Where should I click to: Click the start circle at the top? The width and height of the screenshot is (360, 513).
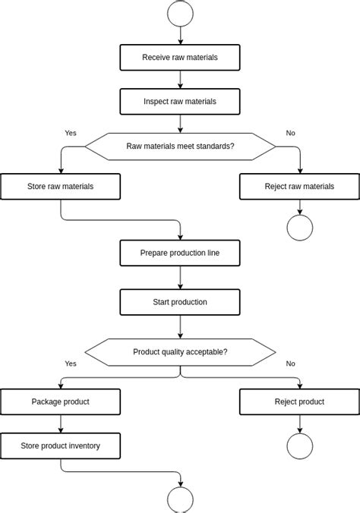[180, 13]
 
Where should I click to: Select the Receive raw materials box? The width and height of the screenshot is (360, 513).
[180, 57]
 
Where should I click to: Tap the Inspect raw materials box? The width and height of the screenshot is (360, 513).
[180, 101]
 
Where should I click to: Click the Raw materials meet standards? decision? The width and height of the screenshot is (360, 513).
[180, 146]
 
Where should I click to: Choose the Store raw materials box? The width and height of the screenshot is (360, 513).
[60, 186]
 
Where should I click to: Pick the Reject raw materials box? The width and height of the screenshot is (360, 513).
[299, 186]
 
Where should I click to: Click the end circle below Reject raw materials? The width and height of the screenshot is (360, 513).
[299, 228]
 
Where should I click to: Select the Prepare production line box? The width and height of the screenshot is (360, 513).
[180, 253]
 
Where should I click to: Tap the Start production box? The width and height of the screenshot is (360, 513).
[180, 302]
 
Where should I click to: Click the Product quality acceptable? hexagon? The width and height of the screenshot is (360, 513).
[180, 351]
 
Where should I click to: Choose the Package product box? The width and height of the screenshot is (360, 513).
[60, 401]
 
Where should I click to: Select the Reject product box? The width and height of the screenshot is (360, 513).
[299, 401]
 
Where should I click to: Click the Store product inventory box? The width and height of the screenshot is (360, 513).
[60, 445]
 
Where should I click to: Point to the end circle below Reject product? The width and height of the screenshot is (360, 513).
[299, 446]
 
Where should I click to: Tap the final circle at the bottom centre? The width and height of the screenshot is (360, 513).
[180, 500]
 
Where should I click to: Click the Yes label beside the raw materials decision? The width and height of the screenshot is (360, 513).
[71, 133]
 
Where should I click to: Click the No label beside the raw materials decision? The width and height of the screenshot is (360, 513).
[290, 133]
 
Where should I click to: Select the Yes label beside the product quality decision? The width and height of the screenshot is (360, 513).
[71, 364]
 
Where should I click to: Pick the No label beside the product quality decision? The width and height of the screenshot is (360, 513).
[290, 364]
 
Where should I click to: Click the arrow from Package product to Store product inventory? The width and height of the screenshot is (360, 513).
[60, 423]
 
